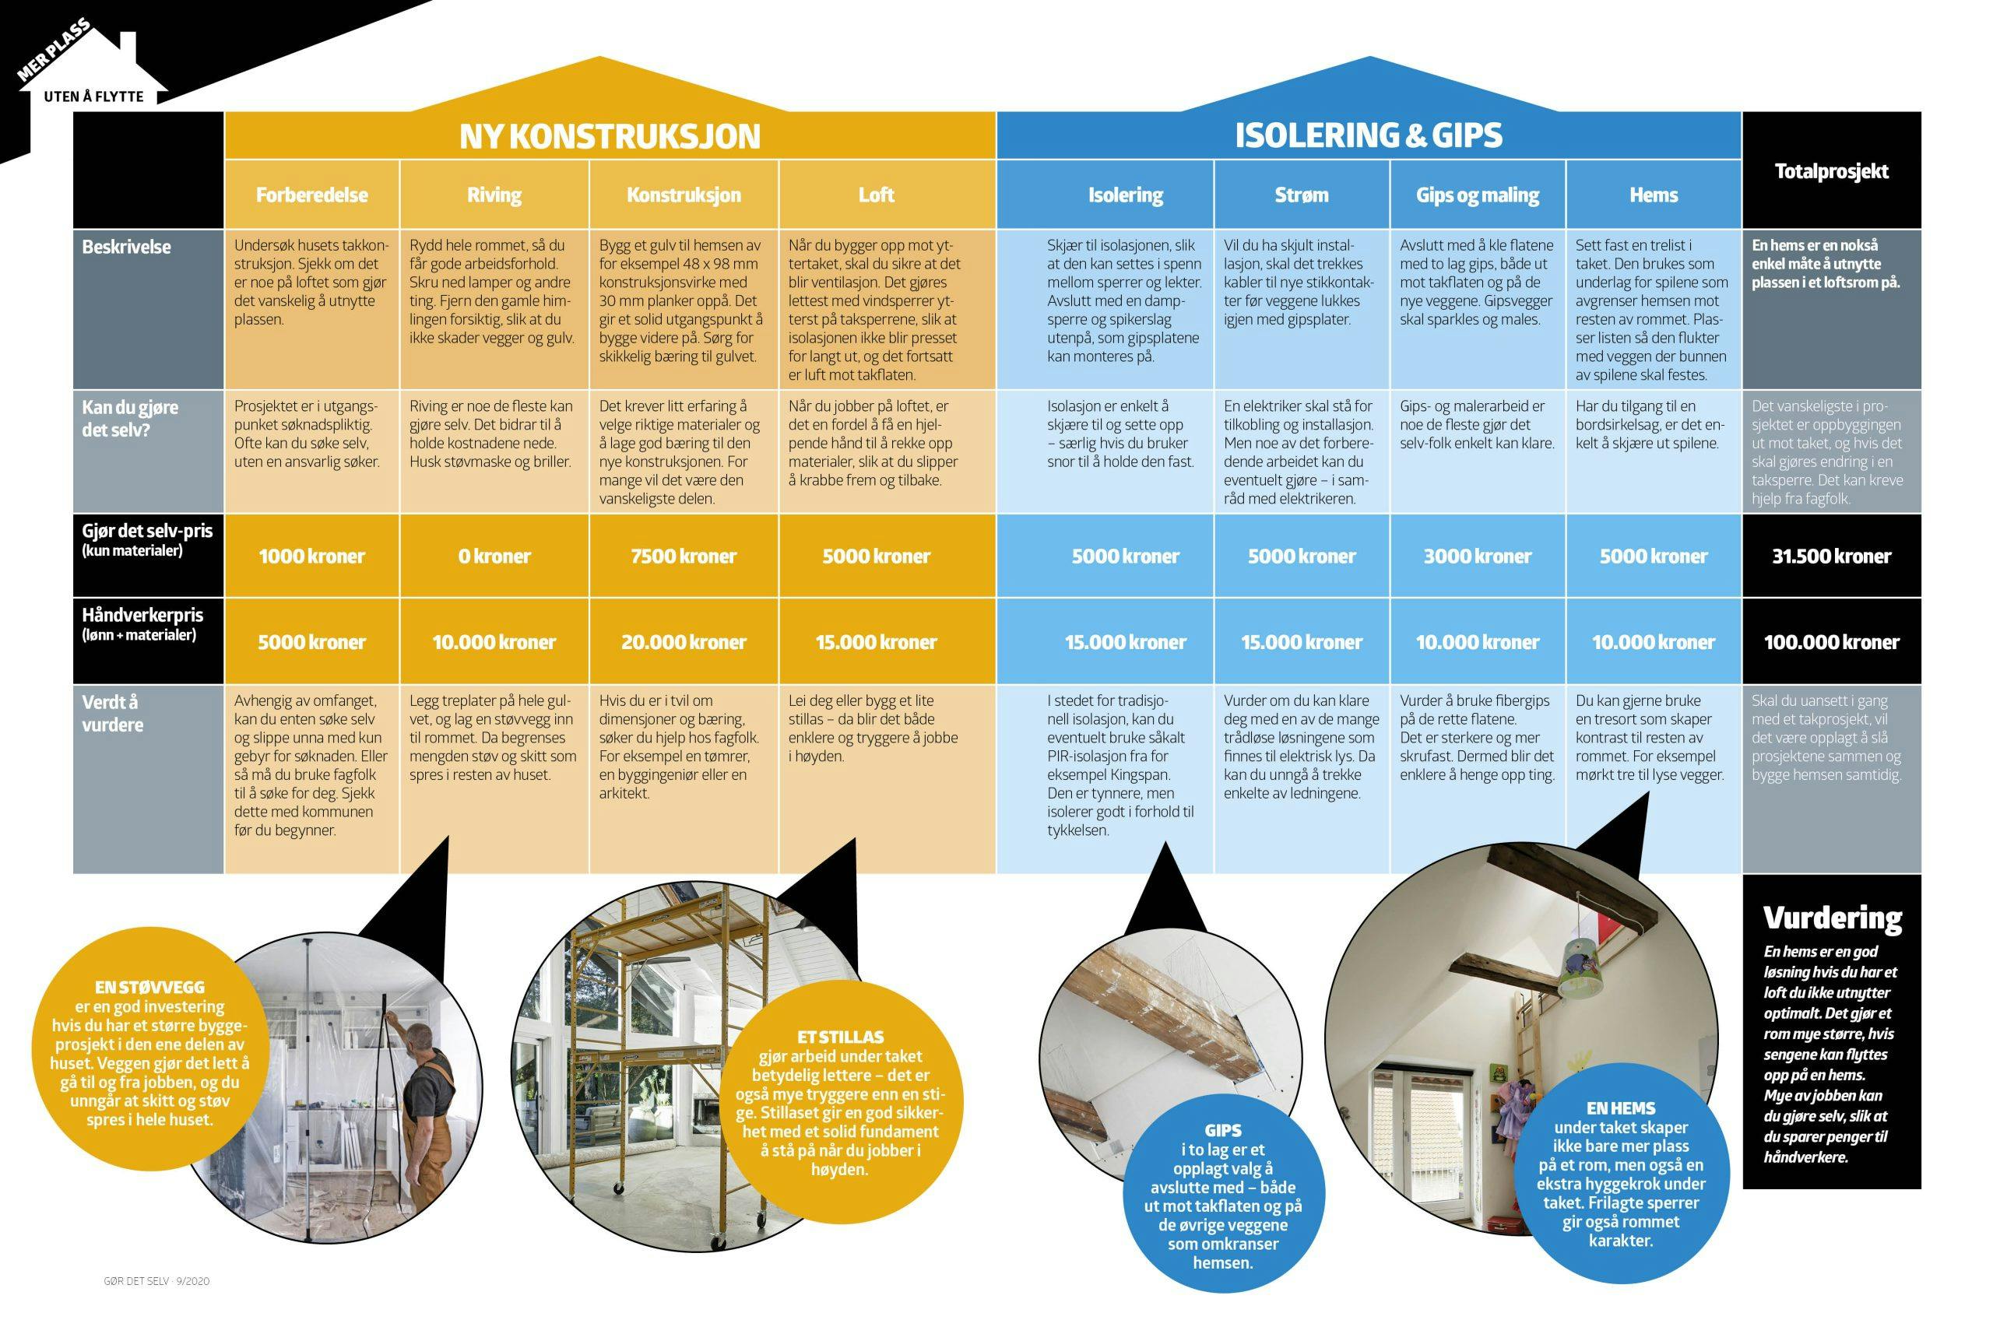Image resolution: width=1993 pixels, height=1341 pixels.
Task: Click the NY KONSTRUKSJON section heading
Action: (x=609, y=136)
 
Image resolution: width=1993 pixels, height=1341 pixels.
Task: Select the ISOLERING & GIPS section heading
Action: (x=1368, y=135)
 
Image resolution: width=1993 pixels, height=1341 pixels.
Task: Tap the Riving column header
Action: (x=494, y=195)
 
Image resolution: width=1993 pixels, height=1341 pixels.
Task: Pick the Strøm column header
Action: (x=1301, y=195)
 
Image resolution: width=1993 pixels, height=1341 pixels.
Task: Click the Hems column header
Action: (x=1653, y=195)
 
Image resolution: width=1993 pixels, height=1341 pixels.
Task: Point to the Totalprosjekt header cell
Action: (x=1830, y=171)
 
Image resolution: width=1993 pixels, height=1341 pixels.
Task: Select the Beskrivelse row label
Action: (x=127, y=247)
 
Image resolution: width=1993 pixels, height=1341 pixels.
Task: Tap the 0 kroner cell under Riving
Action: (x=494, y=556)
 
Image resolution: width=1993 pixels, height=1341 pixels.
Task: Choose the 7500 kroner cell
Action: (x=683, y=556)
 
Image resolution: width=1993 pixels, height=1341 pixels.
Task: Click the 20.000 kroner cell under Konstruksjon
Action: (x=683, y=642)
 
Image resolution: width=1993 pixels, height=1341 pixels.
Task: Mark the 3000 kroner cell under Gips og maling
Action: (x=1476, y=556)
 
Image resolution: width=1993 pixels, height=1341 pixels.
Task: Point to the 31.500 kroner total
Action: (x=1830, y=556)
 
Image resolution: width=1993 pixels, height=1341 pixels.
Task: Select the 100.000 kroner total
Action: (x=1830, y=642)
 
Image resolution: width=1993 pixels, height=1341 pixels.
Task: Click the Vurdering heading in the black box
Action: (x=1831, y=918)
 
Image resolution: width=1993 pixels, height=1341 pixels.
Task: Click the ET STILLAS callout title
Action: (x=839, y=1037)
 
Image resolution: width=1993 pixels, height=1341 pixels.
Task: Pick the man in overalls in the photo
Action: (x=425, y=1112)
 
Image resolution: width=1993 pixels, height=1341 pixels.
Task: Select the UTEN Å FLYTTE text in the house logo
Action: (x=93, y=97)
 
